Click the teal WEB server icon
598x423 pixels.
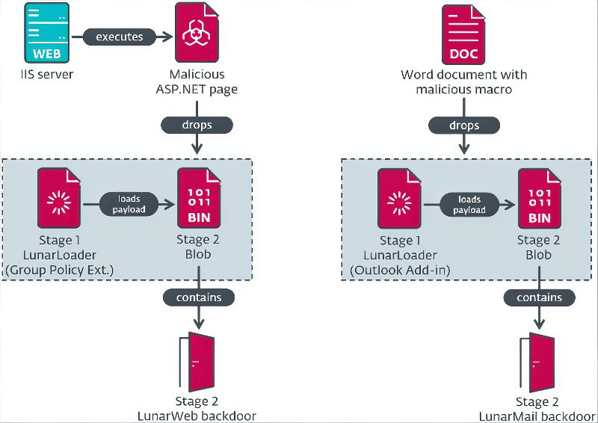click(x=47, y=32)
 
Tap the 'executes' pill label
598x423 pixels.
click(x=120, y=37)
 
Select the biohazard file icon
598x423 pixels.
click(x=197, y=32)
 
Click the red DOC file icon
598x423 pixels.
click(x=463, y=34)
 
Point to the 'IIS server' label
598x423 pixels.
click(x=47, y=74)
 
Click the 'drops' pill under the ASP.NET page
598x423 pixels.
click(x=197, y=125)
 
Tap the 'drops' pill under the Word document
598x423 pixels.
click(x=464, y=126)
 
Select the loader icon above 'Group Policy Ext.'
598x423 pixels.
click(x=59, y=198)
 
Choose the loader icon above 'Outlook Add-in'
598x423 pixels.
click(x=399, y=199)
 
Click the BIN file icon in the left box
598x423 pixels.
click(x=199, y=198)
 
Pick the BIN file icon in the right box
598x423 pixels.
click(x=539, y=199)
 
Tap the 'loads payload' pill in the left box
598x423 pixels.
click(x=129, y=204)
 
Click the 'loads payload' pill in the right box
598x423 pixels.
click(x=469, y=205)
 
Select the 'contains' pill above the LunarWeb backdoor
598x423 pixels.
click(x=199, y=297)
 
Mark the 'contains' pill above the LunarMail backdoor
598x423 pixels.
click(x=539, y=297)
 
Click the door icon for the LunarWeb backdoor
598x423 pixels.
click(x=197, y=362)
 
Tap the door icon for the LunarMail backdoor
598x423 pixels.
click(x=537, y=362)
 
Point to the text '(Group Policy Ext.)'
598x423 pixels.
click(x=60, y=270)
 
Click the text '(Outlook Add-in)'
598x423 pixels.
click(x=400, y=270)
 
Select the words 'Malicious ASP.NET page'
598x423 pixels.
click(x=197, y=81)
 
